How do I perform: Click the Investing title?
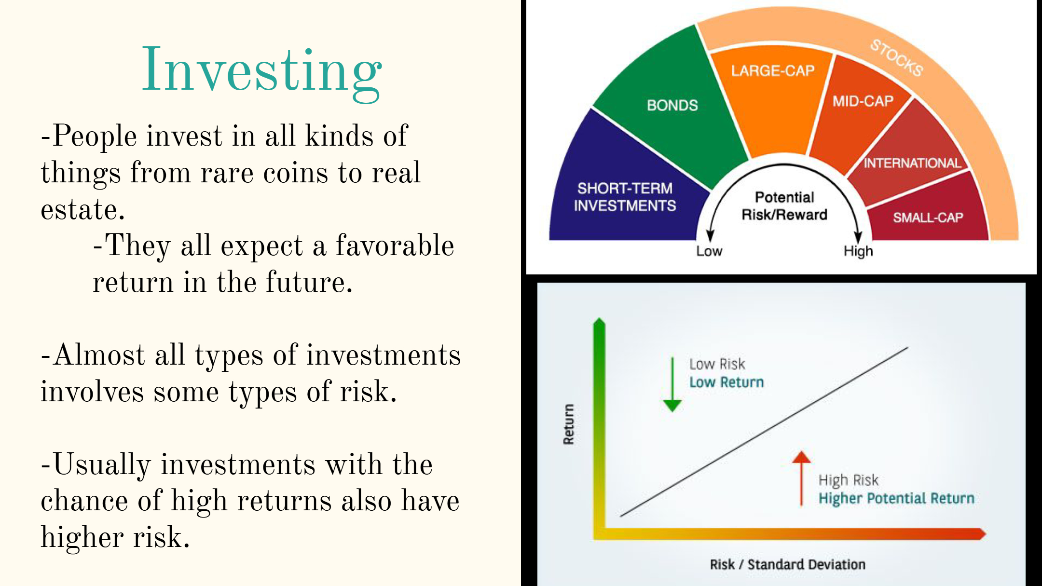click(x=261, y=72)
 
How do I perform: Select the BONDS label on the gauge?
click(x=672, y=105)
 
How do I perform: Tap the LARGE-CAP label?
click(x=773, y=71)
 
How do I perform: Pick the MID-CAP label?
click(x=863, y=101)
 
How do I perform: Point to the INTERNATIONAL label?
click(x=912, y=163)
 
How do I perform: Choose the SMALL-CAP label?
click(x=928, y=218)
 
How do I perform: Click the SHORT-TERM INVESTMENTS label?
click(x=625, y=197)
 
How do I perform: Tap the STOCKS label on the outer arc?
click(x=897, y=58)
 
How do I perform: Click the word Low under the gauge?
click(x=709, y=251)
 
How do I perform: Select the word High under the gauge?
click(x=858, y=251)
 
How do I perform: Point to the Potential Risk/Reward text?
click(x=784, y=205)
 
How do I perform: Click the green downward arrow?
click(x=672, y=384)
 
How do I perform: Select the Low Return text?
click(x=727, y=382)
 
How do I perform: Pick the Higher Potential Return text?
click(x=896, y=498)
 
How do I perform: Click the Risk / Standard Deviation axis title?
click(x=787, y=564)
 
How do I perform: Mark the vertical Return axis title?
click(x=569, y=424)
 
